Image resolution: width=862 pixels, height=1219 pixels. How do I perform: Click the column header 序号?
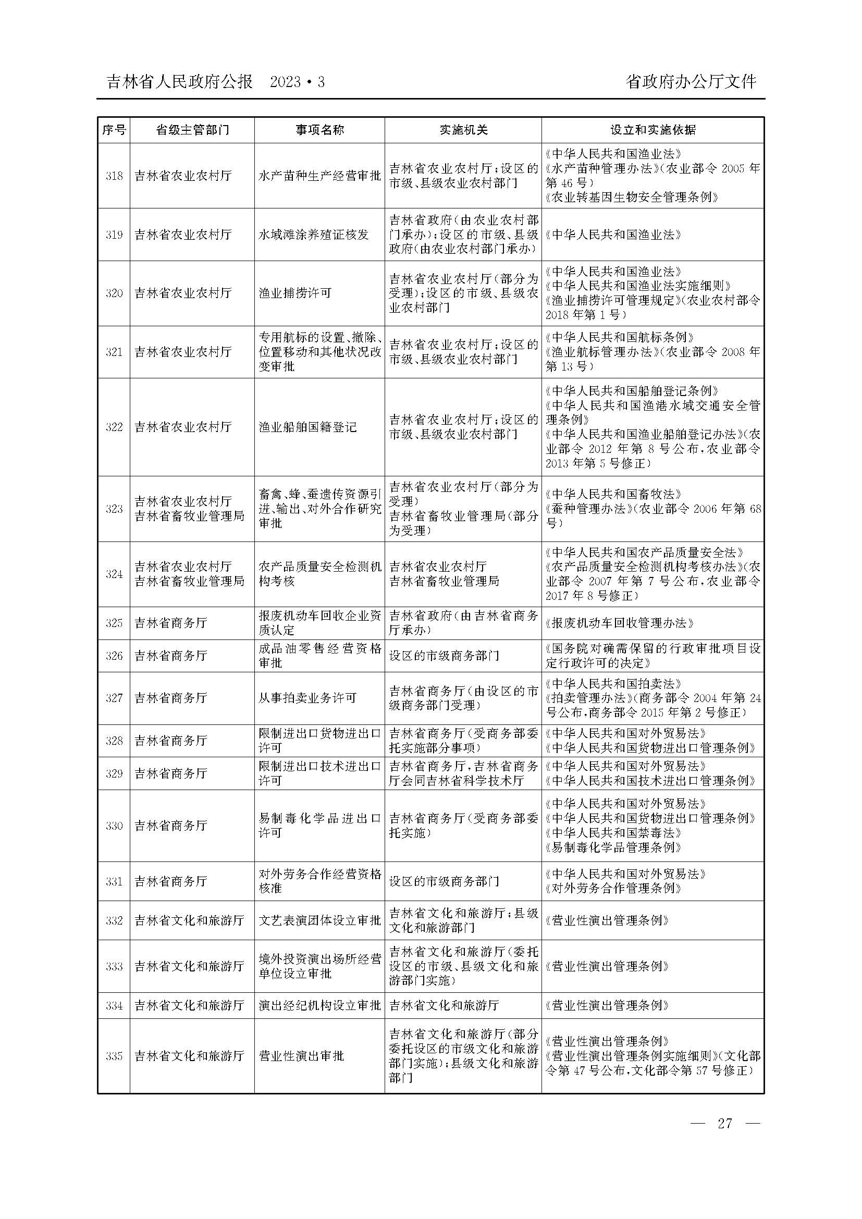(114, 130)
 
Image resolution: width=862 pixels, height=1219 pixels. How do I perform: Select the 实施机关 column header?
(463, 130)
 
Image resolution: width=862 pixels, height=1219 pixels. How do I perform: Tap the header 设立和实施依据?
(652, 130)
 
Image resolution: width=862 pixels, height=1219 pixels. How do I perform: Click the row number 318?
(114, 176)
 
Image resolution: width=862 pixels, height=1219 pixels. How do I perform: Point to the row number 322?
(114, 427)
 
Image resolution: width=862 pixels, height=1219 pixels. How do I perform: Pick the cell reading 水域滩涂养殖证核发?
(313, 235)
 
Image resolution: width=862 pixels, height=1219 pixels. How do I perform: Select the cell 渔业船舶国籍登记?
(307, 427)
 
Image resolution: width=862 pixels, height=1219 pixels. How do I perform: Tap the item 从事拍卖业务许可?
(307, 698)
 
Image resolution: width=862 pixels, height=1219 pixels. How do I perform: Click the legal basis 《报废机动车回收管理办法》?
(620, 623)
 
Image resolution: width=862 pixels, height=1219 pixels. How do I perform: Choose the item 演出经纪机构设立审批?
(319, 1005)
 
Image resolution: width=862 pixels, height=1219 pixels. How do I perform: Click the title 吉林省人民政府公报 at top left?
(179, 82)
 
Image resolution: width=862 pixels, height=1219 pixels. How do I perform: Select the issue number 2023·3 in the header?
(297, 82)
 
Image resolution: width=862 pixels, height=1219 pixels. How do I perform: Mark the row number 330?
(114, 826)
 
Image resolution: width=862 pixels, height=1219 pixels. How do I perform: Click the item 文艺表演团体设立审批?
(319, 920)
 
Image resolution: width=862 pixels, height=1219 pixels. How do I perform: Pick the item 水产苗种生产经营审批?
(319, 176)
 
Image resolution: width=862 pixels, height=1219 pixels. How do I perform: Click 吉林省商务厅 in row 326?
(170, 656)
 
